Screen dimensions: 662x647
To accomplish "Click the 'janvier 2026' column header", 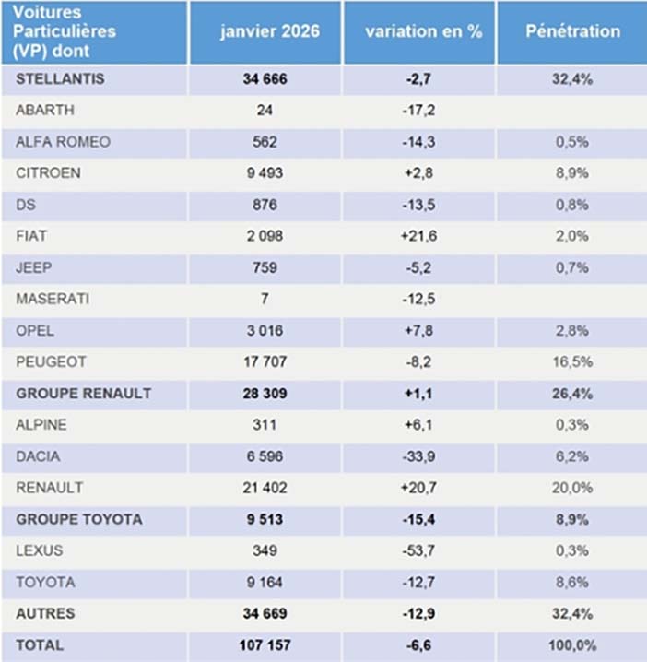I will point(269,30).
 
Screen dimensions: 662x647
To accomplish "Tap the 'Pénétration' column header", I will point(572,30).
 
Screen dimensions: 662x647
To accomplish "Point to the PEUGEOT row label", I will point(46,361).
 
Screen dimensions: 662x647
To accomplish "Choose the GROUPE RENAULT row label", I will point(83,393).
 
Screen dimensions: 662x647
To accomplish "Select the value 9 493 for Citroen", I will point(265,172).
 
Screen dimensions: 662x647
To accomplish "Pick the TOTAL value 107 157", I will point(265,645).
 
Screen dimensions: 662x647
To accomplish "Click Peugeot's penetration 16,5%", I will point(572,361).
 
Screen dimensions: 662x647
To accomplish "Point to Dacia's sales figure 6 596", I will point(265,456).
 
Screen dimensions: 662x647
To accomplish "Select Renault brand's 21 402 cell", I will point(265,488).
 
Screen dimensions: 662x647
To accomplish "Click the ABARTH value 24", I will point(265,110).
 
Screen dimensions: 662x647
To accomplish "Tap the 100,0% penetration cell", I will point(572,645).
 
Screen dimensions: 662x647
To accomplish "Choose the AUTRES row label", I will point(45,613).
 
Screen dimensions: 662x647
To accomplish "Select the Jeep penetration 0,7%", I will point(572,267).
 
